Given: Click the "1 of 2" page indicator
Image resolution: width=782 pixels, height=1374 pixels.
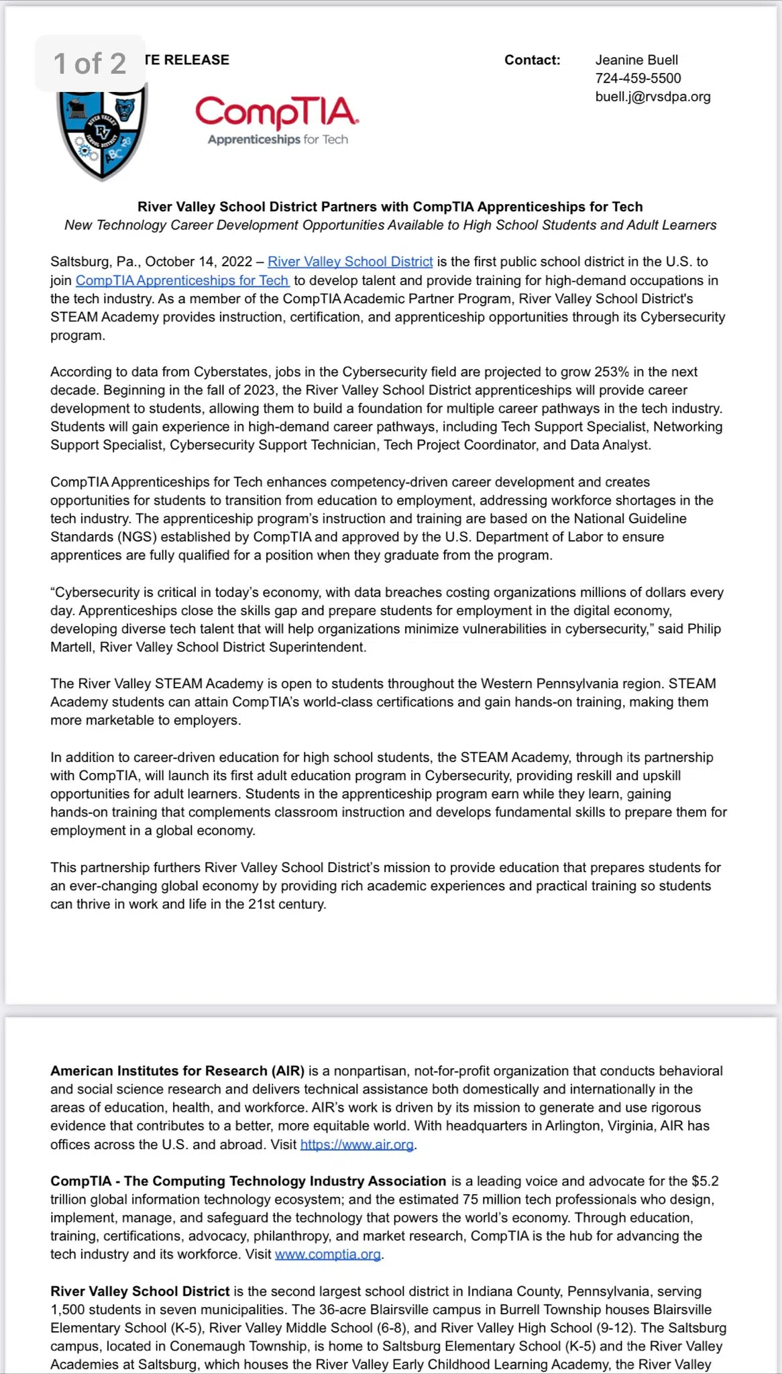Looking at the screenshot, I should pyautogui.click(x=90, y=64).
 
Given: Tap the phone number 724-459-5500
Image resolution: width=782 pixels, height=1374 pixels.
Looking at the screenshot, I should pyautogui.click(x=638, y=78).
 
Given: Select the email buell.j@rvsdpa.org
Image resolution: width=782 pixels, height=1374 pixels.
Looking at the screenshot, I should pyautogui.click(x=653, y=97).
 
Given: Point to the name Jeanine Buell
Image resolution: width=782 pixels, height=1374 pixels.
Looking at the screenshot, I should pyautogui.click(x=636, y=60).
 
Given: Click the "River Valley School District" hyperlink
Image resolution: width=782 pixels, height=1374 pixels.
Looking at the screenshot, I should pyautogui.click(x=350, y=262).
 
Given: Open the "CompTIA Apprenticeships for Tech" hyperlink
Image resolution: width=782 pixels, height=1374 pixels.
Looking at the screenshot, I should pyautogui.click(x=182, y=280).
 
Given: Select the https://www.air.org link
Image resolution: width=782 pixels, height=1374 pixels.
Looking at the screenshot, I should pyautogui.click(x=357, y=1145).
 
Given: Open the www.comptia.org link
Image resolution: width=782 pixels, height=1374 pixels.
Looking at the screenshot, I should pyautogui.click(x=328, y=1254).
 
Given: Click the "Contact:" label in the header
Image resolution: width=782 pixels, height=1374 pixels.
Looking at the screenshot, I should pyautogui.click(x=532, y=60).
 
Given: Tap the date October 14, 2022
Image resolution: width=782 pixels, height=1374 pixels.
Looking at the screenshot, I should pyautogui.click(x=199, y=262).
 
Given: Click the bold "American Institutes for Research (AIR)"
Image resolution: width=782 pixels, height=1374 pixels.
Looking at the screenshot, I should pyautogui.click(x=177, y=1071).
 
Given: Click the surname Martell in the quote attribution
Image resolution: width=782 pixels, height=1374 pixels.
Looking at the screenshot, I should pyautogui.click(x=73, y=647).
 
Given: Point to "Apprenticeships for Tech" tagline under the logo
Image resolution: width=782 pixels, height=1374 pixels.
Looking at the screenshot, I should pyautogui.click(x=278, y=140).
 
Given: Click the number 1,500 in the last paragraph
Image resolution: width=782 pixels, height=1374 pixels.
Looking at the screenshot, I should pyautogui.click(x=68, y=1310).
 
